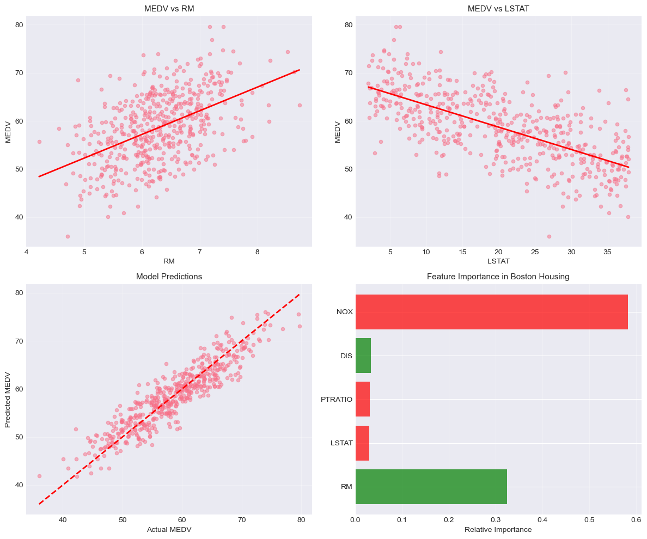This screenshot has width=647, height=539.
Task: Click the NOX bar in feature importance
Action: pos(491,312)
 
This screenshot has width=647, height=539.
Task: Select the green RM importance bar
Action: pos(431,486)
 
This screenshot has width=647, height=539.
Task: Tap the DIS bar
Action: pos(363,356)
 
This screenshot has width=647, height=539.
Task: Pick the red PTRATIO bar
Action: pos(363,399)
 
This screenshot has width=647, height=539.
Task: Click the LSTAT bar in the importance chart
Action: pos(362,443)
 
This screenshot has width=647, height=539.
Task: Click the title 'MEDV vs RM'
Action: pos(169,9)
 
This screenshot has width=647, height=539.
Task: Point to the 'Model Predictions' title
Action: pos(169,277)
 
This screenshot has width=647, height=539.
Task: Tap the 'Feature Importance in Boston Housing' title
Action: pos(498,277)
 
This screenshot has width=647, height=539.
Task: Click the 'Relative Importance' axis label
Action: pos(498,529)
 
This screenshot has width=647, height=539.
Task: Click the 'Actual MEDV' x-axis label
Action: pos(169,529)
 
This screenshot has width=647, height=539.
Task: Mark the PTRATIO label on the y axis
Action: pos(337,400)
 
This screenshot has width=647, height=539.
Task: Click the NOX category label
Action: pos(344,313)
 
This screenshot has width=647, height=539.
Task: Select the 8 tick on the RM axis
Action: pos(257,252)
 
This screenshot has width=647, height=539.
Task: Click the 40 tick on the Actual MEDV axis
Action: pos(63,520)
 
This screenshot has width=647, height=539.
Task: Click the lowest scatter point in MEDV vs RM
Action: pos(68,236)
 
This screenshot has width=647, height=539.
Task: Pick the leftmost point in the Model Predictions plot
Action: pos(39,476)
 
